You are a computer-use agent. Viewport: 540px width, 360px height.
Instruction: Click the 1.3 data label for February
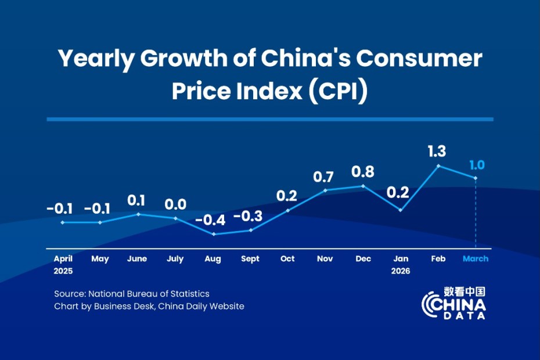[438, 152]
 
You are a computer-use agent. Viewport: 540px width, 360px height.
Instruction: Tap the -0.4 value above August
[213, 221]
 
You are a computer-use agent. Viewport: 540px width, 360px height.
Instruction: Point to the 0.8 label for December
[363, 172]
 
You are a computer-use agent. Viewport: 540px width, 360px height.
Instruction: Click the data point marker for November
[325, 190]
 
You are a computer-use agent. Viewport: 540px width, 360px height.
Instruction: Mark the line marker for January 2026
[401, 210]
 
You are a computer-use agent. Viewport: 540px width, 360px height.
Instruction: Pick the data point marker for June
[138, 214]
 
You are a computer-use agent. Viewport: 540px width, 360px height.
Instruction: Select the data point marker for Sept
[250, 230]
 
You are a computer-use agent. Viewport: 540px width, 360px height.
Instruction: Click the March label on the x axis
[476, 259]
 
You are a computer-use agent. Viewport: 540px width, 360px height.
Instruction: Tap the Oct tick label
[287, 259]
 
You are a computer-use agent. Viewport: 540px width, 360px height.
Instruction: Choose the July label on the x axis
[175, 259]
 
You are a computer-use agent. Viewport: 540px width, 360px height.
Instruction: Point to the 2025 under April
[63, 271]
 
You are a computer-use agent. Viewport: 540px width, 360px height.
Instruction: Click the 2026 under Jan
[401, 271]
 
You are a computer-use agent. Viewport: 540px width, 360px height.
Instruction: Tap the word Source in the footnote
[69, 294]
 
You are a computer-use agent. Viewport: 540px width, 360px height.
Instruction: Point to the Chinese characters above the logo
[465, 291]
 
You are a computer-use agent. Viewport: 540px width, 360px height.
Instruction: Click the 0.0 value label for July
[175, 204]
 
